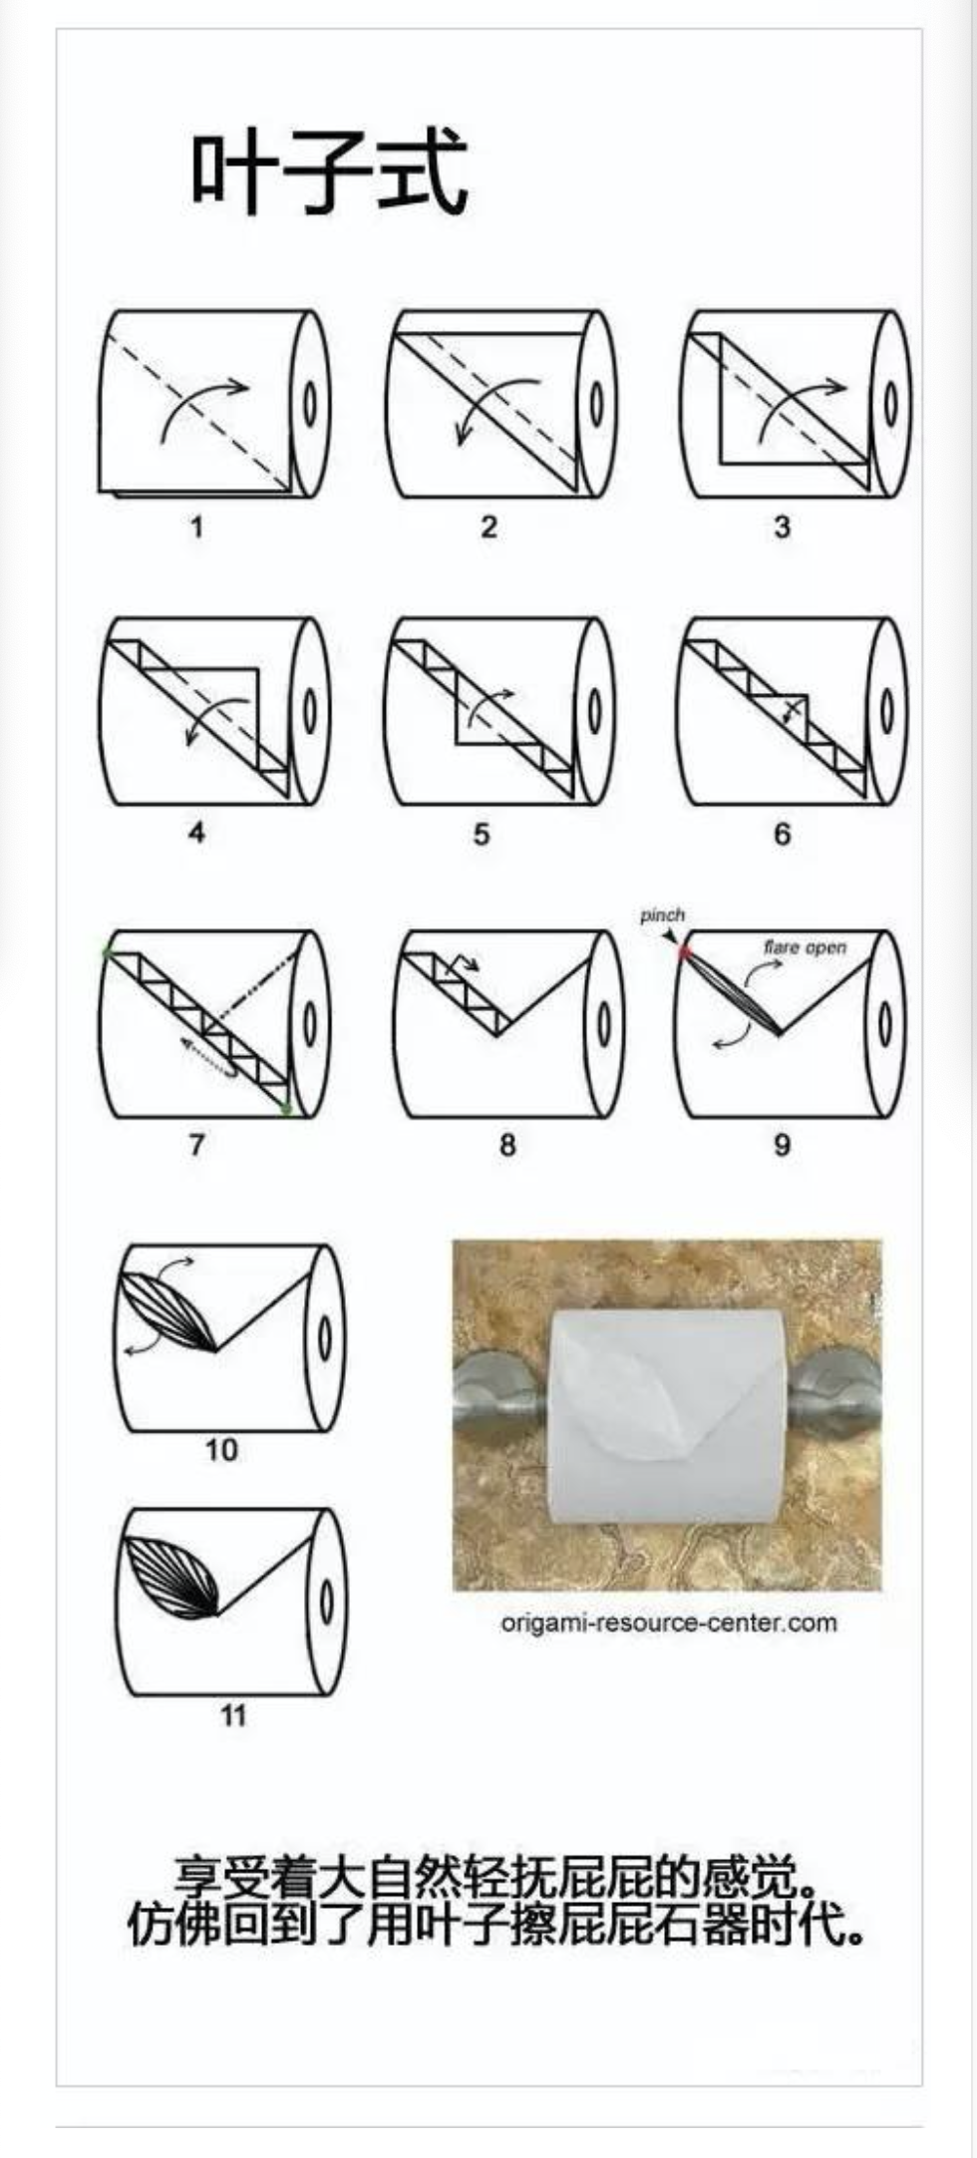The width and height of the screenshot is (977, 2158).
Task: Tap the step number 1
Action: tap(197, 526)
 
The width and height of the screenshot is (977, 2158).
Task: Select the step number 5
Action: tap(482, 834)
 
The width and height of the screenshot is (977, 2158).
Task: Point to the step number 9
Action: tap(782, 1144)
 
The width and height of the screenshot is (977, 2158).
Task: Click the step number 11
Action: tap(232, 1715)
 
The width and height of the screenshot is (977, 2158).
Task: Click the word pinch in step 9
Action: tap(662, 914)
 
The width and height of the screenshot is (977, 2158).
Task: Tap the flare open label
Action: tap(805, 946)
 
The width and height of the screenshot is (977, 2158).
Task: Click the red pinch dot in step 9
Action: tap(684, 952)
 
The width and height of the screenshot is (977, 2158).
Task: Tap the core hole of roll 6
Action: tap(886, 713)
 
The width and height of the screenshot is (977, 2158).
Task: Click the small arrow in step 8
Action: tap(464, 962)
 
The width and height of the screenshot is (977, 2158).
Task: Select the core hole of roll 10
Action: tap(325, 1337)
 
